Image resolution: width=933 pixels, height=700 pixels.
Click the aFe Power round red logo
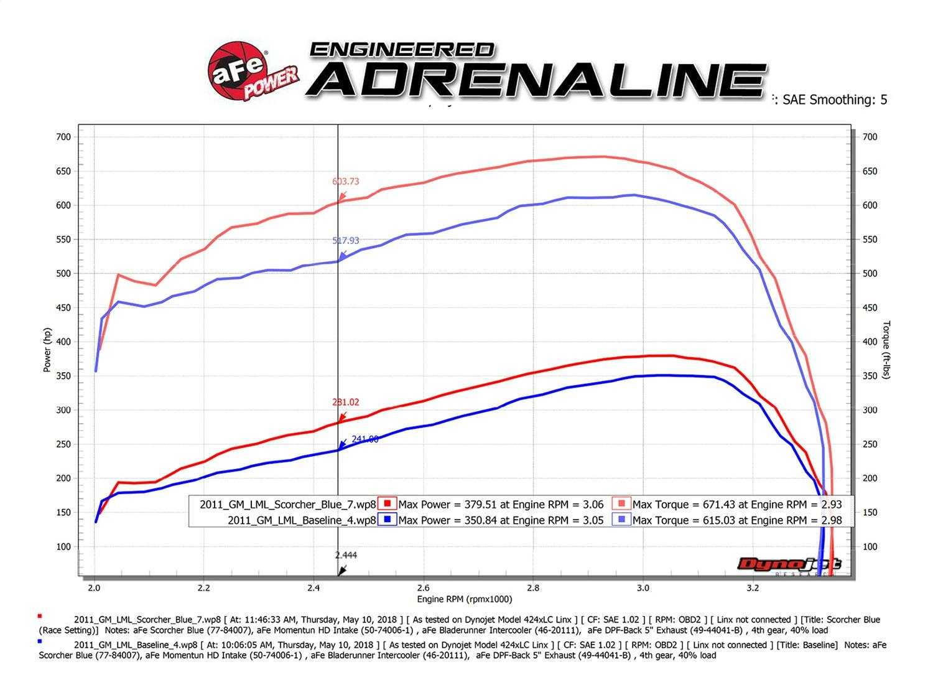pos(237,71)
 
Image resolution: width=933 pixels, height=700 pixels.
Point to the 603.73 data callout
pos(345,182)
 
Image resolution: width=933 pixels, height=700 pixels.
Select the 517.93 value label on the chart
pos(345,241)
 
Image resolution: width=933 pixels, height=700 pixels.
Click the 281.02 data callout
pos(345,403)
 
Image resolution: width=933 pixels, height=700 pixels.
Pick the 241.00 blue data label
pos(364,439)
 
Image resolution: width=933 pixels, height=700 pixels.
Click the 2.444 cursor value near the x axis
pos(346,555)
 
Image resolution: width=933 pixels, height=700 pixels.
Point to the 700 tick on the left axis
pos(63,137)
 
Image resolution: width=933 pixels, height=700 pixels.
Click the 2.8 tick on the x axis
pos(533,587)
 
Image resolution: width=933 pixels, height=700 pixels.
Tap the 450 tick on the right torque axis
pos(870,308)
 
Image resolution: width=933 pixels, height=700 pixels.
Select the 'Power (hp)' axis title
pos(47,350)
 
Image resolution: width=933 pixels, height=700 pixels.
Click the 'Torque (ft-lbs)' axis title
pos(886,350)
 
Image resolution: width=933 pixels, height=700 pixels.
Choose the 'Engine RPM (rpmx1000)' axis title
pos(464,599)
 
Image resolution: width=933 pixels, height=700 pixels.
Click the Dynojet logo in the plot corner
pos(789,564)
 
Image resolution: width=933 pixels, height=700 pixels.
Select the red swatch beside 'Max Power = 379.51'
pos(387,504)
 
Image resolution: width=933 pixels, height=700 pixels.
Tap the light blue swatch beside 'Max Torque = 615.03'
pos(621,520)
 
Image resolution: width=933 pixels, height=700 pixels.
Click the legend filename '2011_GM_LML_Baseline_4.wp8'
pos(302,520)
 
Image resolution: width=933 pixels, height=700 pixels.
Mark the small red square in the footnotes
pos(40,616)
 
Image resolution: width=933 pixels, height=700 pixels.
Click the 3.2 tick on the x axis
pos(753,587)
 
